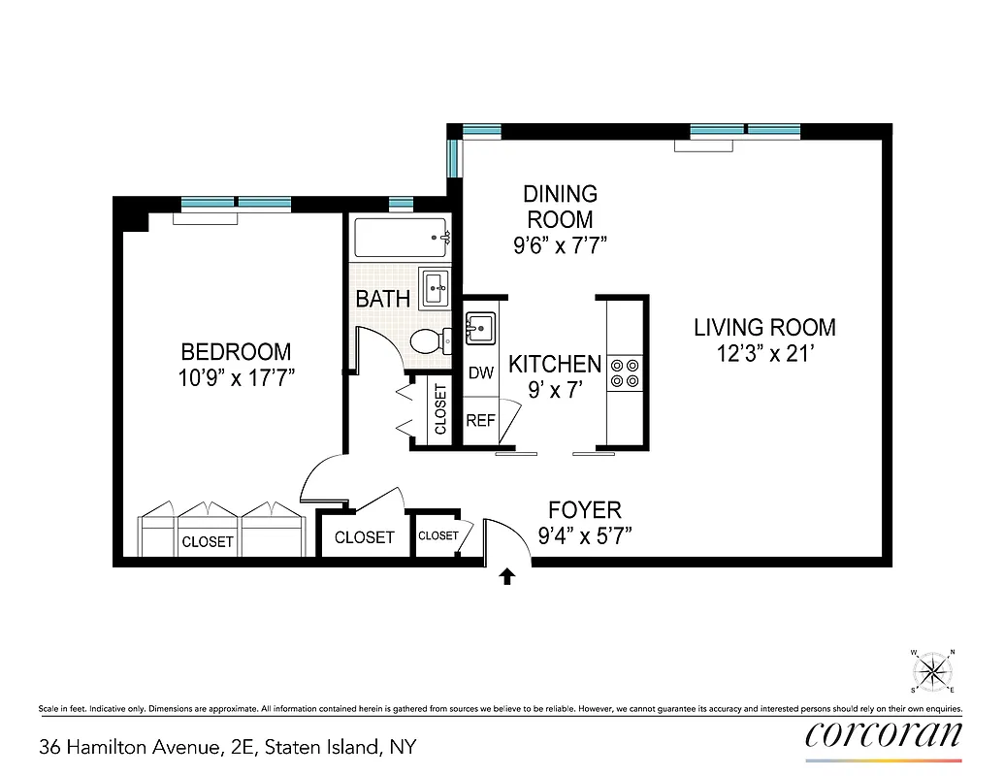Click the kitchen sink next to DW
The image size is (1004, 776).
point(480,328)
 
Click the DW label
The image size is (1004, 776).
point(481,372)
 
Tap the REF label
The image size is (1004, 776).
point(481,421)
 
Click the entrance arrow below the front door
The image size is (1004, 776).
point(506,577)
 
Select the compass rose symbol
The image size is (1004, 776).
point(933,670)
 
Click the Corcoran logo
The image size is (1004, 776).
point(884,734)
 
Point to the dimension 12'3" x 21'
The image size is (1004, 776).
point(764,354)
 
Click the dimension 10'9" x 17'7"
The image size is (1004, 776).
point(237,377)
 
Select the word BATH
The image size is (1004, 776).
point(382,299)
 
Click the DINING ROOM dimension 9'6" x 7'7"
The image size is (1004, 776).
point(560,245)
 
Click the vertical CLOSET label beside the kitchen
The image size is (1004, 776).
point(440,409)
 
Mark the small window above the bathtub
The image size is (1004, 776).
point(401,204)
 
